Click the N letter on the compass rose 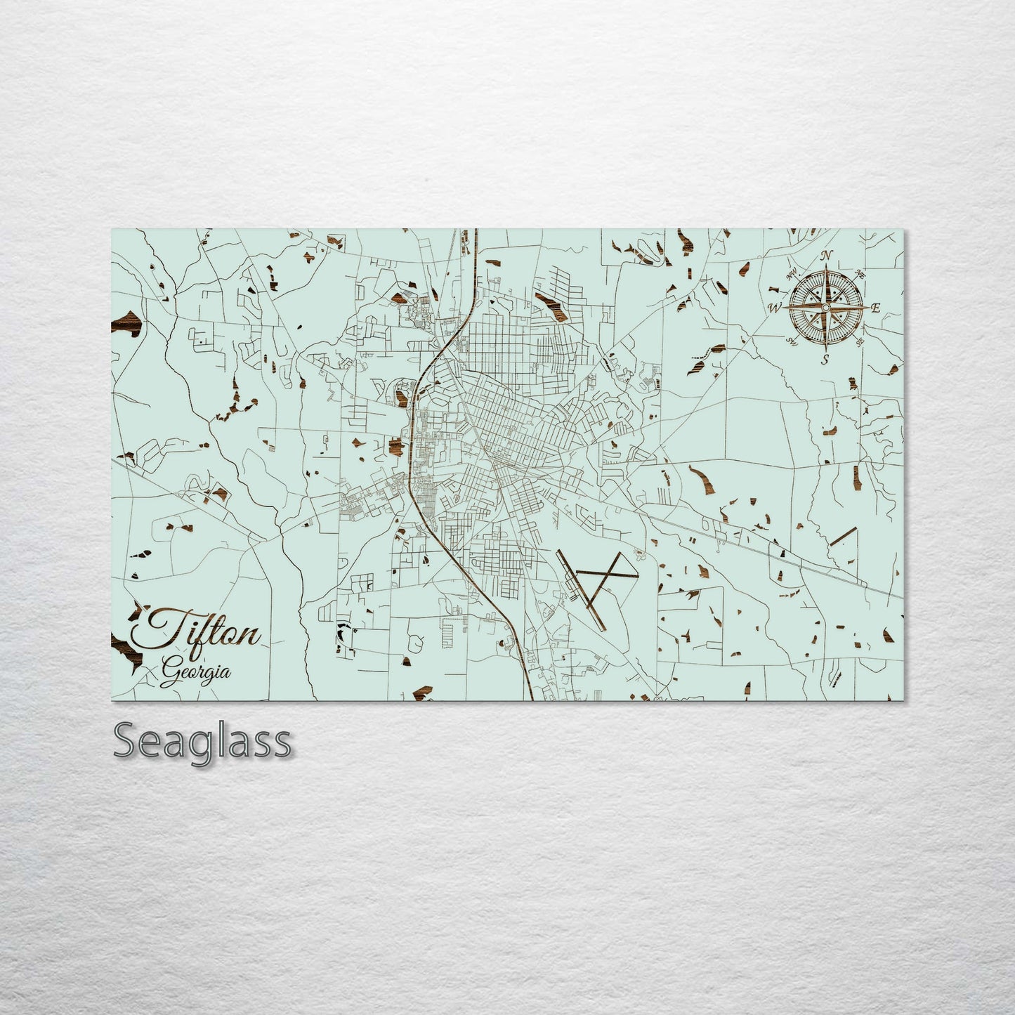click(827, 255)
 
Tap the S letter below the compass click(825, 360)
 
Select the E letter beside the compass click(875, 308)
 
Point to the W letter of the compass click(774, 308)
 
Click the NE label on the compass click(860, 274)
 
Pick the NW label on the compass click(792, 275)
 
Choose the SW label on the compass click(792, 341)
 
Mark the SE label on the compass click(860, 342)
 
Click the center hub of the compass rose click(825, 308)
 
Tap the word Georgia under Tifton click(195, 673)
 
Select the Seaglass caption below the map click(202, 740)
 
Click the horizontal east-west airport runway click(618, 576)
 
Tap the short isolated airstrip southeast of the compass click(842, 536)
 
